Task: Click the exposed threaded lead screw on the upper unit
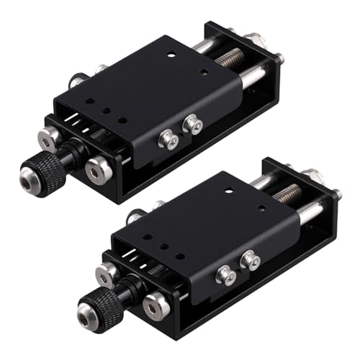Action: [x=231, y=58]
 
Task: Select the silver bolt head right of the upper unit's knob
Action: [x=98, y=169]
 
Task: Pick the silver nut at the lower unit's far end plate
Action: [x=312, y=175]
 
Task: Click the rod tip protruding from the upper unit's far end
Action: [x=279, y=58]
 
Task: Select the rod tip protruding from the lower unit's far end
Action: [x=336, y=194]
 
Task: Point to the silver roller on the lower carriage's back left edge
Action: [x=135, y=216]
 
